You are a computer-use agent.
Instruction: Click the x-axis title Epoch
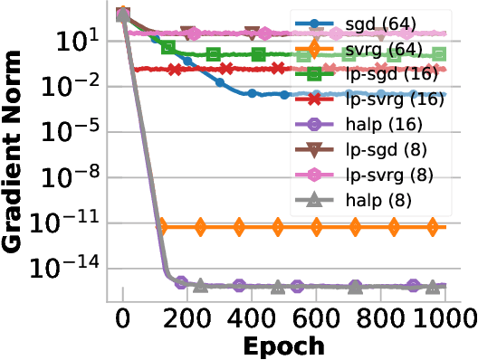coord(282,346)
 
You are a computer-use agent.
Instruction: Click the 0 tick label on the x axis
coord(123,317)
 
